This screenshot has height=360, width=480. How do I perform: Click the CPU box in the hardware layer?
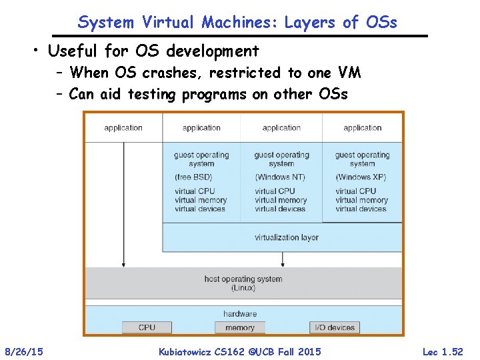[x=147, y=327]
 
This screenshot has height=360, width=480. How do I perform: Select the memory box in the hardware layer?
[x=240, y=327]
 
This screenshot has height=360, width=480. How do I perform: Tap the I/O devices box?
[x=335, y=327]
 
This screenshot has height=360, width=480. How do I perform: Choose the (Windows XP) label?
[x=361, y=177]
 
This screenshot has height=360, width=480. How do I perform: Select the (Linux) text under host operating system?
[x=243, y=288]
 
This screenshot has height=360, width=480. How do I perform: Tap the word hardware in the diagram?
[x=240, y=313]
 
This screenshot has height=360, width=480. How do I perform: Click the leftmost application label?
[x=123, y=128]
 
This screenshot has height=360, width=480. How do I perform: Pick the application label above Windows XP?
[x=363, y=128]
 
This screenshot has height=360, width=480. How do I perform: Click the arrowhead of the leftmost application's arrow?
[x=123, y=265]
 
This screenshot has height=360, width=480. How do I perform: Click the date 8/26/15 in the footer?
[x=25, y=351]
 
